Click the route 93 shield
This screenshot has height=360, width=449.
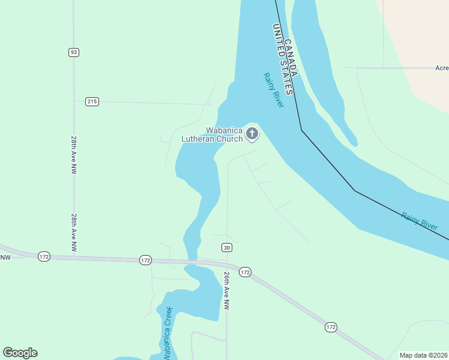[73, 52]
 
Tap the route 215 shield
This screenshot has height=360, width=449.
[91, 101]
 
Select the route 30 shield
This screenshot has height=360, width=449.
[226, 247]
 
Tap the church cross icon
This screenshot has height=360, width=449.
[252, 134]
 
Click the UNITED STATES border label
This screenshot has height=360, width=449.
[282, 59]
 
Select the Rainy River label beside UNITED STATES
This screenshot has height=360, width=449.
[273, 90]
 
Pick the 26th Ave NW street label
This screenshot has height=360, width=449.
[227, 290]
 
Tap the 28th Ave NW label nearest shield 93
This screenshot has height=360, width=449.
[73, 155]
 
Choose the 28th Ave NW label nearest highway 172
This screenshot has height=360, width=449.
[73, 233]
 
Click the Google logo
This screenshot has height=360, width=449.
[20, 353]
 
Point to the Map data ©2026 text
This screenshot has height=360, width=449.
[423, 355]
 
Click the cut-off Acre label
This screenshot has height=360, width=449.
[442, 68]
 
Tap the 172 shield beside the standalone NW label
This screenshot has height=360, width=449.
[44, 256]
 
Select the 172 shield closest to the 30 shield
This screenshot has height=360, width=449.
[244, 272]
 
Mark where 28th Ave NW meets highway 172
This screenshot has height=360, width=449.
[74, 257]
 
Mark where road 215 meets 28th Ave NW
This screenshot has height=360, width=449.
[74, 101]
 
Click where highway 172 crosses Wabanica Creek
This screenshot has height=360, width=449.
[192, 261]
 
